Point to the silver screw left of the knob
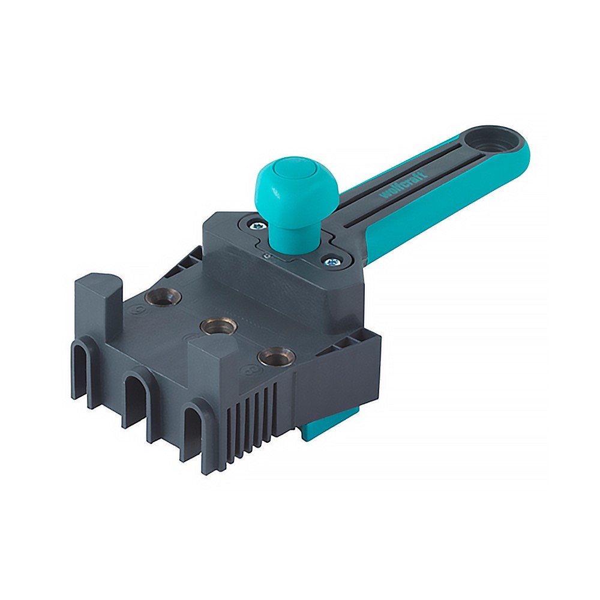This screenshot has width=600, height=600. point(257,225)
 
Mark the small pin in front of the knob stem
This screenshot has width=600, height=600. point(267,256)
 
